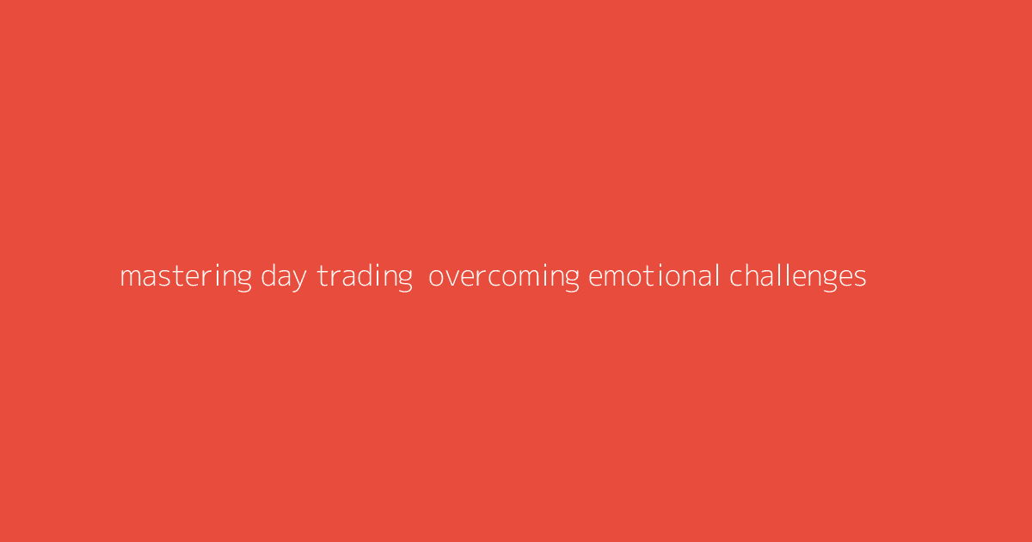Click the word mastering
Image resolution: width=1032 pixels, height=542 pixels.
click(x=186, y=277)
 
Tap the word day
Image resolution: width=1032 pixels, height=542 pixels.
click(x=283, y=277)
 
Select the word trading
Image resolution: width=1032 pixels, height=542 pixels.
click(x=365, y=277)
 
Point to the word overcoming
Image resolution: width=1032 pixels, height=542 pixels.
click(x=503, y=277)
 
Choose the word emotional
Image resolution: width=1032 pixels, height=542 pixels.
click(x=654, y=277)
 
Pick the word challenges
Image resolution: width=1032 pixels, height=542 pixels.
click(x=798, y=277)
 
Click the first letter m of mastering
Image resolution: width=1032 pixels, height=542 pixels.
click(x=130, y=278)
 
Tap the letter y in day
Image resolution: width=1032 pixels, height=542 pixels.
click(x=299, y=280)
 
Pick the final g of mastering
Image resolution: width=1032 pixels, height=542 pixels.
click(x=244, y=280)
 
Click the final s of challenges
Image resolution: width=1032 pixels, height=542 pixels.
click(x=860, y=278)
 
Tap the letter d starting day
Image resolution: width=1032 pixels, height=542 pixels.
click(x=268, y=276)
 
